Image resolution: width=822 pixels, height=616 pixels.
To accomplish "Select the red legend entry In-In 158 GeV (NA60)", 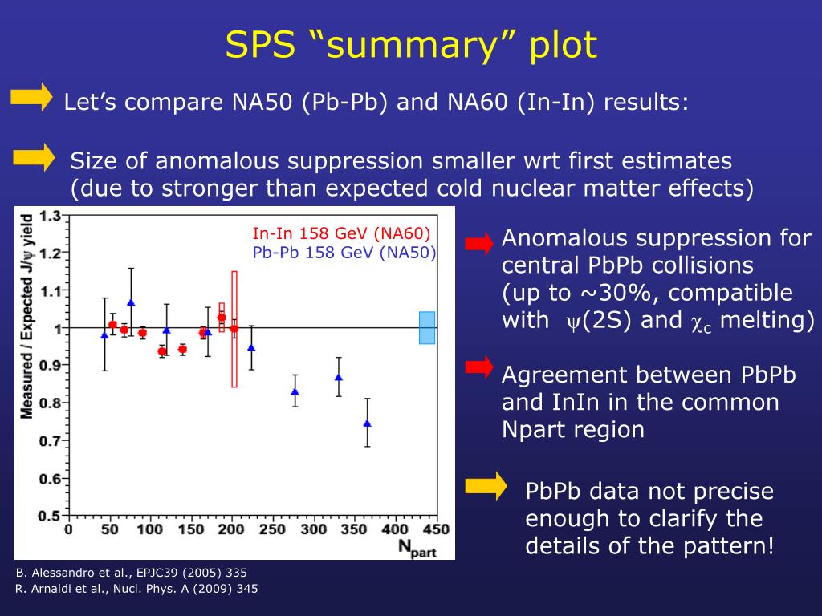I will pos(341,234).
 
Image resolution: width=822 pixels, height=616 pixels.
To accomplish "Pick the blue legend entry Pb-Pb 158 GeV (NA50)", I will pos(344,253).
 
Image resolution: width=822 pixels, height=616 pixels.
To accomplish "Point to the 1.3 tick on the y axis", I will pos(51,216).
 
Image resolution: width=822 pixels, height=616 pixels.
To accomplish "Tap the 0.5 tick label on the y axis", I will pos(51,516).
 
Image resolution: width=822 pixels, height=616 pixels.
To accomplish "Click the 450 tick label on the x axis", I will pos(436,529).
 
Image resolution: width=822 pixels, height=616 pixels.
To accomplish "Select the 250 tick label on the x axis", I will pos(273,529).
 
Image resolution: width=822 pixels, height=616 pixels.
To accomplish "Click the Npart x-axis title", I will pos(417,549).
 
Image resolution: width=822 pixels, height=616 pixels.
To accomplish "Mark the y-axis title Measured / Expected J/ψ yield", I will pos(26,317).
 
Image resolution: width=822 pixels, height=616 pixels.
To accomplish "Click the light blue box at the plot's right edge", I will pos(427,327).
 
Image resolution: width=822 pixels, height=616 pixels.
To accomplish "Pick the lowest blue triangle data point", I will pos(367,423).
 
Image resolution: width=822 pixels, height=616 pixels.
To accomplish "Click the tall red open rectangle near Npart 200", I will pos(234,329).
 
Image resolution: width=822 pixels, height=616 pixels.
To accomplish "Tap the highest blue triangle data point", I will pos(131,302).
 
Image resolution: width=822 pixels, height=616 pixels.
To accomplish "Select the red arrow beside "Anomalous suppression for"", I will pos(479,243).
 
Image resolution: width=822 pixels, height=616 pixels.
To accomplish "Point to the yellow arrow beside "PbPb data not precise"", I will pos(486,485).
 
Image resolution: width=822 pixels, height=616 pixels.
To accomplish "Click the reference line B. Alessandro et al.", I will pos(132,573).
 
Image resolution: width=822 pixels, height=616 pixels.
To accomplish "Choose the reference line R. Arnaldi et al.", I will pos(137,589).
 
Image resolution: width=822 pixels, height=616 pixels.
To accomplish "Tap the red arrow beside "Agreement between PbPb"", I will pos(479,367).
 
